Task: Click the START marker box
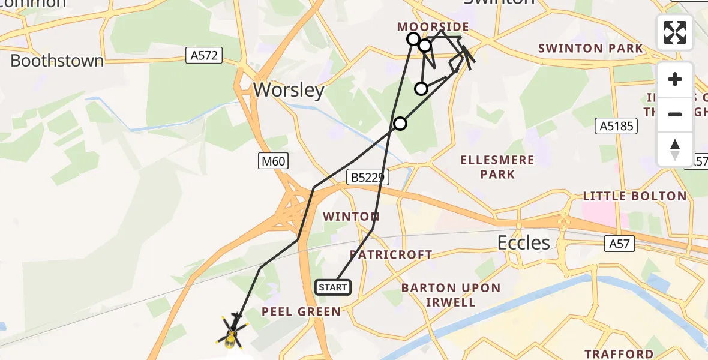click(x=333, y=287)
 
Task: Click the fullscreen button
click(x=675, y=32)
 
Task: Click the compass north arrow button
click(x=675, y=149)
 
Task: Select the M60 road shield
click(x=274, y=161)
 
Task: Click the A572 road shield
click(x=204, y=56)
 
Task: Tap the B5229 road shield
click(x=368, y=177)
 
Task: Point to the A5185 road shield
click(x=616, y=126)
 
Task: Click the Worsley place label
click(x=289, y=90)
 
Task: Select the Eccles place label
click(x=523, y=242)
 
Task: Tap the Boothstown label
click(x=57, y=61)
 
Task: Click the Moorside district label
click(x=433, y=27)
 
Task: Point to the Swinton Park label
click(x=590, y=49)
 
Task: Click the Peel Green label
click(x=301, y=311)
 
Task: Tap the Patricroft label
click(x=391, y=254)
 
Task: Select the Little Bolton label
click(x=634, y=196)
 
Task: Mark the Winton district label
click(x=351, y=216)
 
